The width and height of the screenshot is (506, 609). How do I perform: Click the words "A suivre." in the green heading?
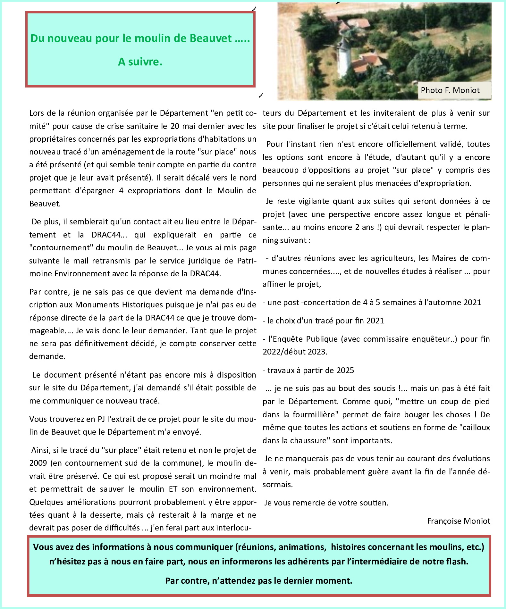[x=140, y=62]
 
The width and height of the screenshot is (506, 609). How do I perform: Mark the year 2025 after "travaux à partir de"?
[x=345, y=371]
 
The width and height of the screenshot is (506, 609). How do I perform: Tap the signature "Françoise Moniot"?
[x=459, y=521]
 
